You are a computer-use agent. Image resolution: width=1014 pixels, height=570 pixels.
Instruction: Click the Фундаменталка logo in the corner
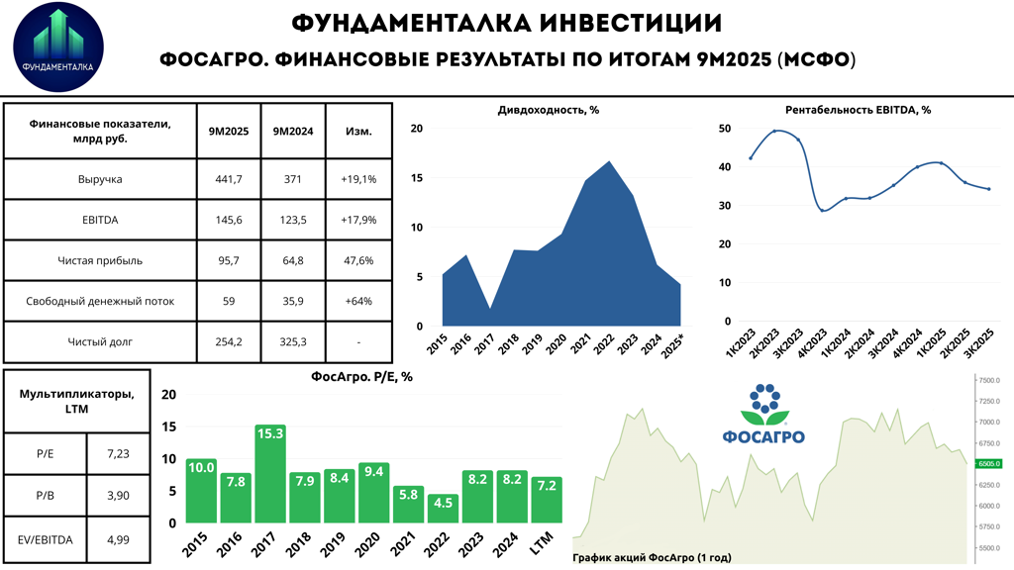[57, 47]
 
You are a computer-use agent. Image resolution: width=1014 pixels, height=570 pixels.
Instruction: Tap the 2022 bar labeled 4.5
[443, 508]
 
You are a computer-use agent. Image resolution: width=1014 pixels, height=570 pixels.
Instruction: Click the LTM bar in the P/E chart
[547, 500]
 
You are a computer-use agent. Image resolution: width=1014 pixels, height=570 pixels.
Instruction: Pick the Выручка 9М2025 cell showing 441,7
[229, 179]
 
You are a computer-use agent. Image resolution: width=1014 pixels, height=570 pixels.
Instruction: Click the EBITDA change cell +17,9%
[358, 220]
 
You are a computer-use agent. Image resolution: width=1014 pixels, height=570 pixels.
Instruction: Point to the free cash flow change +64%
[358, 301]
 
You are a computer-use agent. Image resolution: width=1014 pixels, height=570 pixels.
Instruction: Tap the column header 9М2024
[293, 131]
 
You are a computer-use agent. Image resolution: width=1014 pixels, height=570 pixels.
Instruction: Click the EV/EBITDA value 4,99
[118, 539]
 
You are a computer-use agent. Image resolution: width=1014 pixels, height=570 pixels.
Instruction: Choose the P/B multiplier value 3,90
[118, 496]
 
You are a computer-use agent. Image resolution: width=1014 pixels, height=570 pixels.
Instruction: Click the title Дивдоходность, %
[548, 110]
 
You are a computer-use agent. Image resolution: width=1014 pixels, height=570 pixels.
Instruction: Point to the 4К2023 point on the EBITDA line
[822, 210]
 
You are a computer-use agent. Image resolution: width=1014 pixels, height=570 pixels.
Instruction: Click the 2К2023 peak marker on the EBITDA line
[774, 131]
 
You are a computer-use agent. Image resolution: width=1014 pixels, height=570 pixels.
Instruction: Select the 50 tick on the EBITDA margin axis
[725, 129]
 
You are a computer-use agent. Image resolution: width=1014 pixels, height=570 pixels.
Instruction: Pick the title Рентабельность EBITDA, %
[858, 110]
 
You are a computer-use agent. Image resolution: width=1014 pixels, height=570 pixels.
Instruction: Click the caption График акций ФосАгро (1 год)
[652, 558]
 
